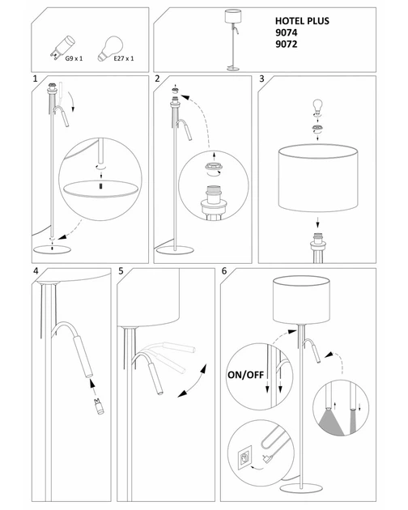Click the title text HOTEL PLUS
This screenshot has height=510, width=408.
coord(302,21)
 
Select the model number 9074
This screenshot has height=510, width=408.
coord(286,32)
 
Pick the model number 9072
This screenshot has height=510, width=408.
coord(286,44)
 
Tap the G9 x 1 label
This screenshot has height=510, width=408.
coord(74,58)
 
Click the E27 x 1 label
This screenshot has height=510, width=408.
coord(124,58)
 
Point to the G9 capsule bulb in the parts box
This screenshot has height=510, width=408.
coord(63,48)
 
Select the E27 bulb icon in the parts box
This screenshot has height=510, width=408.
coord(110,49)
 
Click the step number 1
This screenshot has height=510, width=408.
coord(35,79)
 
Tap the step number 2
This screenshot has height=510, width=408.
coord(158,79)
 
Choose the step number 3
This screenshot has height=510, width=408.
coord(261,79)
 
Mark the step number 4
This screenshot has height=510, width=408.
coord(36,271)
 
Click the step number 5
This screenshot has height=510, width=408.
coord(121,271)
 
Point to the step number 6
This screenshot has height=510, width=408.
coord(224,271)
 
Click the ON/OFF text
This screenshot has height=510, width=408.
coord(245,375)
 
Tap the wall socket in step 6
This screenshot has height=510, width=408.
coord(244,458)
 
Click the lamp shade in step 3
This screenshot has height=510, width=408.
coord(318,178)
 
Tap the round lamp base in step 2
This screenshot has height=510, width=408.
coord(175,250)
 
